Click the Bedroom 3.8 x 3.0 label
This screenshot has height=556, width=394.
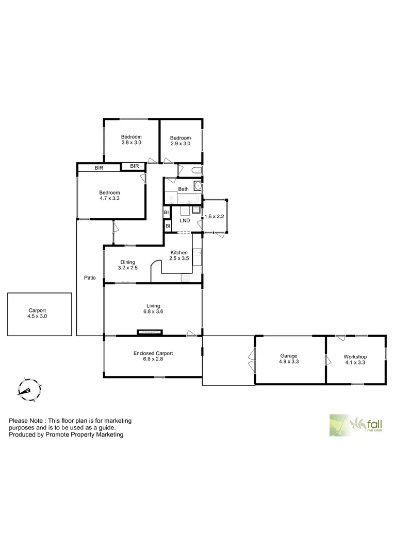(x=131, y=140)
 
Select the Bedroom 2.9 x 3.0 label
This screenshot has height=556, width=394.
(x=180, y=141)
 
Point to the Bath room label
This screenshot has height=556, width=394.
(x=183, y=189)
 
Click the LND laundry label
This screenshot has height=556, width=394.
(x=184, y=221)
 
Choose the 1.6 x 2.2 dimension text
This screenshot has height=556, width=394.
(x=215, y=217)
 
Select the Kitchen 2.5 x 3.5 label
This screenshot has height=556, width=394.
(x=179, y=255)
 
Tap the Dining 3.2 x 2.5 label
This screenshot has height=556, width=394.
(x=127, y=265)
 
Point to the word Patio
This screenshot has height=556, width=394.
(x=90, y=278)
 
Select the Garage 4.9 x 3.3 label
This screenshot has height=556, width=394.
(x=289, y=359)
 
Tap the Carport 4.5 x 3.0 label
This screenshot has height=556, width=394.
(x=37, y=314)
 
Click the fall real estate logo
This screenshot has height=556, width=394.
(x=356, y=425)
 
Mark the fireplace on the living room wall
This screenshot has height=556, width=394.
(x=150, y=333)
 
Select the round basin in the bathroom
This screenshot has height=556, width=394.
(x=198, y=186)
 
